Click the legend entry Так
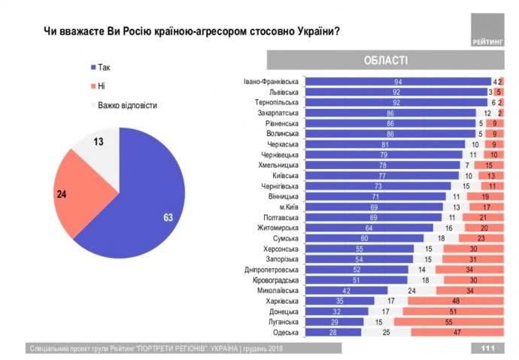point(103,67)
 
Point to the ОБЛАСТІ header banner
point(385,60)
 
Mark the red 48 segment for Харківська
point(456,301)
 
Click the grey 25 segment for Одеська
point(387,331)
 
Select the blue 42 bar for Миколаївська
point(348,290)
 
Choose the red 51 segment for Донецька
point(453,311)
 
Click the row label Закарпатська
point(278,113)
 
